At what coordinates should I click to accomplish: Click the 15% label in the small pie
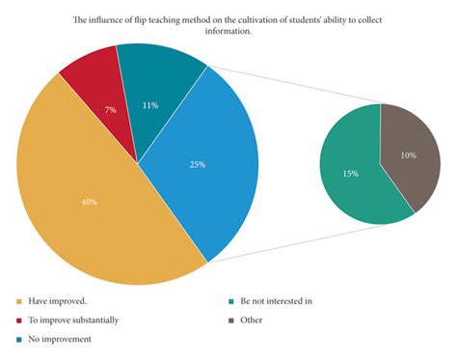351,173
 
